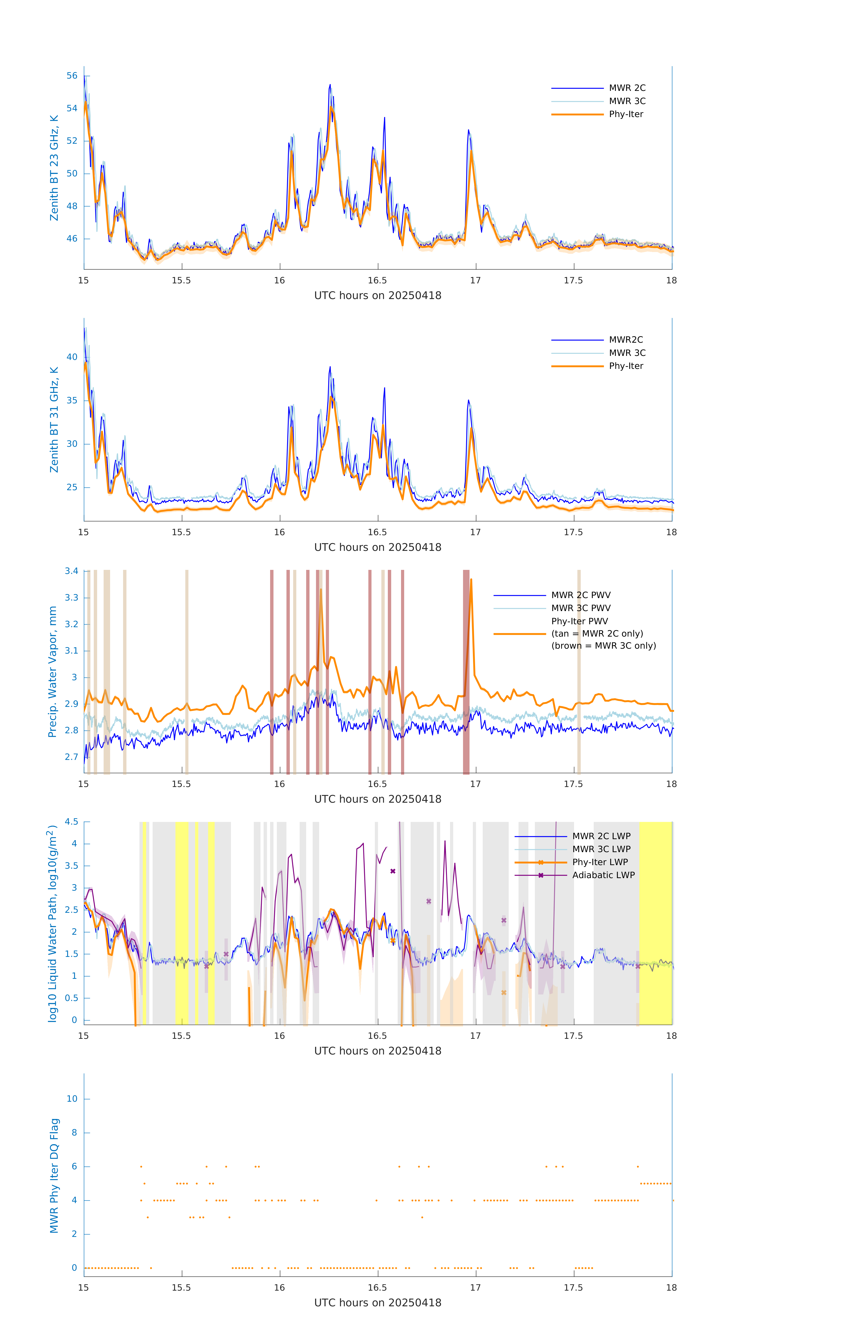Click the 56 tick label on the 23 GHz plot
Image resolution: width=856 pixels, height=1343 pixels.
click(x=72, y=76)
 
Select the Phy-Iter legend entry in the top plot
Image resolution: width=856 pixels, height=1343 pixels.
click(x=626, y=114)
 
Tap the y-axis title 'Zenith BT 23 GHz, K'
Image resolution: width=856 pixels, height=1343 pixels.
click(x=54, y=168)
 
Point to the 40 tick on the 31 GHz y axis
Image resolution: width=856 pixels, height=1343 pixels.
click(x=72, y=357)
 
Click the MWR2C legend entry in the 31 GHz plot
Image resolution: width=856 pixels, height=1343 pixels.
click(x=626, y=340)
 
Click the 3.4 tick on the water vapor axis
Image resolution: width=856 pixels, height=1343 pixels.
click(x=71, y=571)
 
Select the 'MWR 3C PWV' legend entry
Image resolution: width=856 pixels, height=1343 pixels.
click(x=581, y=608)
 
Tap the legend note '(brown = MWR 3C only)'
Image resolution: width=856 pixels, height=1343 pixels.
click(x=603, y=646)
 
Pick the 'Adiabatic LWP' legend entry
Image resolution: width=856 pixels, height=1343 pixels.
click(x=603, y=875)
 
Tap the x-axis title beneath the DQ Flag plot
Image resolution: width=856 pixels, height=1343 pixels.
click(x=378, y=1303)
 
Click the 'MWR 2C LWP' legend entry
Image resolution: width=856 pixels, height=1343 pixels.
click(x=601, y=836)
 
